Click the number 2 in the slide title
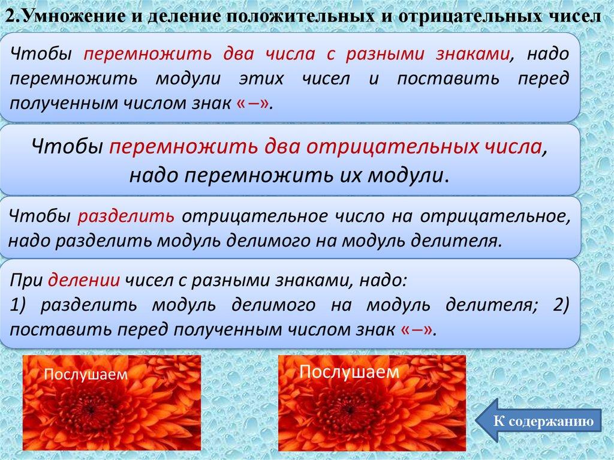[12, 17]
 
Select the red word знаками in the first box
[473, 54]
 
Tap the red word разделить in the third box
[126, 217]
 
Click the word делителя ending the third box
[456, 240]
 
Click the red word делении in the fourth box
[84, 281]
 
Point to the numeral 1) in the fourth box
[18, 305]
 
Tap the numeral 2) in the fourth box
[561, 305]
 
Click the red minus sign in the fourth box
[417, 330]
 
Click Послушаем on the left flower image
[86, 374]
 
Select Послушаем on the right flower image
[350, 371]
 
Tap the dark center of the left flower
[91, 410]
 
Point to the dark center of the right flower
[350, 408]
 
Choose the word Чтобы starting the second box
[67, 147]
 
